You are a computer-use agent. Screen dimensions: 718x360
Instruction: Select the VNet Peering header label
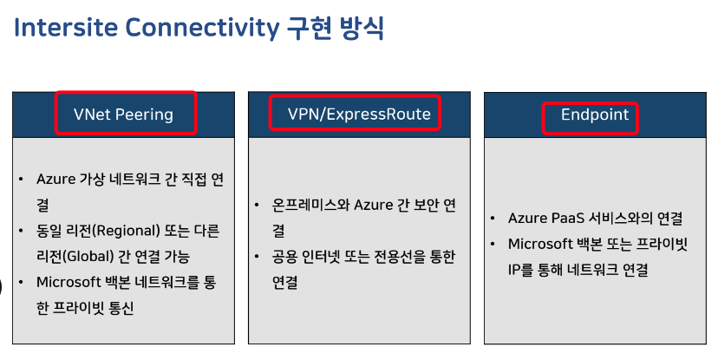coord(124,115)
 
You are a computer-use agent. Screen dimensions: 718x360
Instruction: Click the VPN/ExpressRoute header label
coord(359,115)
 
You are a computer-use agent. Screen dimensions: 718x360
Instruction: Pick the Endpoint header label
coord(595,115)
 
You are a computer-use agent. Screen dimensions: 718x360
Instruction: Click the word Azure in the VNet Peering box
coord(57,180)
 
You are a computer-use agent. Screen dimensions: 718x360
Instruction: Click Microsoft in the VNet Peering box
coord(72,282)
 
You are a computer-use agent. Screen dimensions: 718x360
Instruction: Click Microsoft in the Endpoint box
coord(545,244)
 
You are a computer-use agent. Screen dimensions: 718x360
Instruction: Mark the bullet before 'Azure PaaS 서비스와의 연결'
coord(492,219)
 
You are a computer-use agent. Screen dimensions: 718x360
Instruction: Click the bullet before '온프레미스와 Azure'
coord(257,206)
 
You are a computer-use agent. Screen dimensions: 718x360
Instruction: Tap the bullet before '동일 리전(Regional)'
coord(21,231)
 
